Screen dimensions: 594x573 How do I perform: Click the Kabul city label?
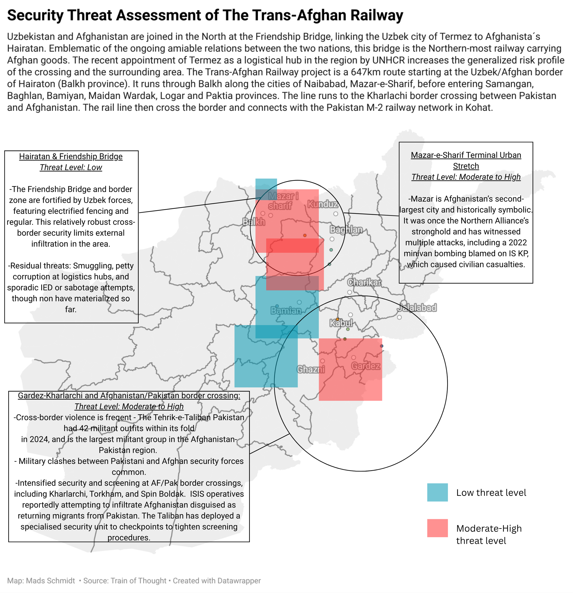pos(341,323)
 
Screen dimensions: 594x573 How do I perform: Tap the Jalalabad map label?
pos(417,308)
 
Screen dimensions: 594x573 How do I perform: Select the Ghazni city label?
pos(311,369)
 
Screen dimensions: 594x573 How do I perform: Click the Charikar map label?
pos(364,282)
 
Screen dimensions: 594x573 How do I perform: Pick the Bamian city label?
pos(286,310)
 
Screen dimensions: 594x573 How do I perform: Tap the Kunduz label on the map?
pos(323,204)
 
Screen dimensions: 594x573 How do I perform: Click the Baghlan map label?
pos(346,229)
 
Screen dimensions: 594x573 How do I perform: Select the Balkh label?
pos(254,222)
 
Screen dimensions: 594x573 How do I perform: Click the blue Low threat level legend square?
pos(437,492)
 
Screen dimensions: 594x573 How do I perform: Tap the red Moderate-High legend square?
pos(437,528)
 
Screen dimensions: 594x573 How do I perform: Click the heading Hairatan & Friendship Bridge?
pos(71,156)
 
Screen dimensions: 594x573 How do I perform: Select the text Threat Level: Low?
pos(71,167)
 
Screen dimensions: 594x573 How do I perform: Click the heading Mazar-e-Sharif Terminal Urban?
pos(466,155)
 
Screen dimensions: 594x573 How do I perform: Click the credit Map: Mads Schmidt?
pos(41,581)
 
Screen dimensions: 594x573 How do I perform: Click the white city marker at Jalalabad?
pos(399,317)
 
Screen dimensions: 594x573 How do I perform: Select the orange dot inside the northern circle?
pos(305,235)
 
